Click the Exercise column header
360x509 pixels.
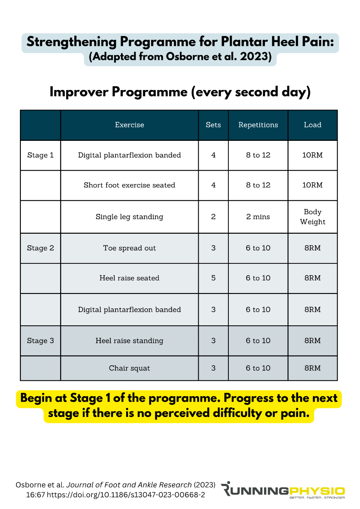[129, 125]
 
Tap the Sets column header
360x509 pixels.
[213, 125]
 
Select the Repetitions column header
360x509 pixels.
[258, 125]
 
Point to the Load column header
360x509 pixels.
[312, 125]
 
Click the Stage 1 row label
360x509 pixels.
[40, 155]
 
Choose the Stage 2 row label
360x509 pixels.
[40, 248]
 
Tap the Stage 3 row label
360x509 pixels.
[40, 341]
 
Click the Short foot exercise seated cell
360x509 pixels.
[129, 185]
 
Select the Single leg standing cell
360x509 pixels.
[129, 217]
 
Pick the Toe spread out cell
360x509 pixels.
[129, 248]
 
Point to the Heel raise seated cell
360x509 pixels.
[129, 278]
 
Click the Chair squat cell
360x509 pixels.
[129, 368]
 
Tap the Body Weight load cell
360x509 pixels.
[312, 217]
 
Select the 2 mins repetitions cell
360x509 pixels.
[258, 217]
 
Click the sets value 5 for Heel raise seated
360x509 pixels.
[213, 278]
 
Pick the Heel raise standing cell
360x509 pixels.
[129, 341]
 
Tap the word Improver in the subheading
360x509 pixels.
[79, 92]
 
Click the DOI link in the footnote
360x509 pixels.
[126, 495]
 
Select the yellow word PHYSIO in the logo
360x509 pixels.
[317, 491]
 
